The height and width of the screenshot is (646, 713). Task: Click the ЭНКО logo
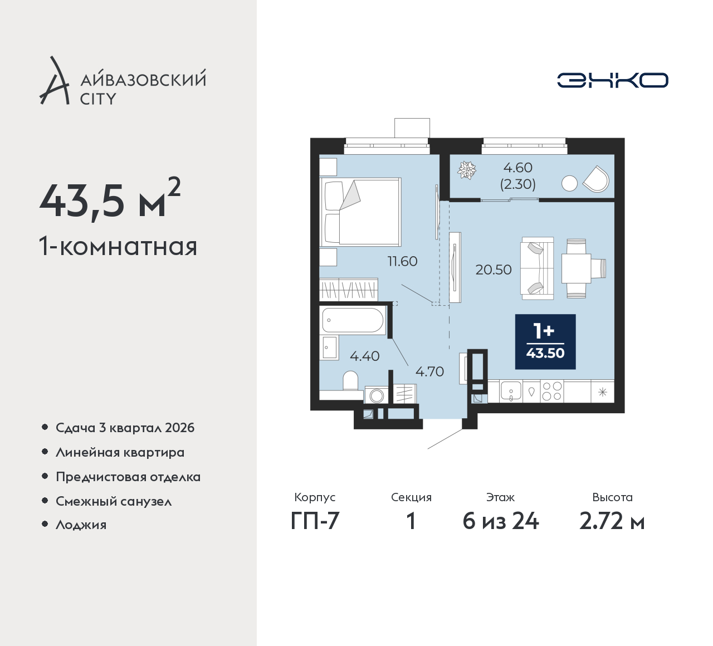tap(612, 80)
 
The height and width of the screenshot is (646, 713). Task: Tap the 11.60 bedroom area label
tap(402, 262)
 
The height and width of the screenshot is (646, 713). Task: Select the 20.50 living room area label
tap(494, 270)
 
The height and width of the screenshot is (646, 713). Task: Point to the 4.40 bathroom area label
tap(365, 356)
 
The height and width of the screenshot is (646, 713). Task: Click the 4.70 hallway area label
tap(429, 371)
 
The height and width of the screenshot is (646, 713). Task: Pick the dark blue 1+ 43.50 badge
tap(545, 341)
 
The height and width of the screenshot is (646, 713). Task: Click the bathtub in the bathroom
tap(353, 320)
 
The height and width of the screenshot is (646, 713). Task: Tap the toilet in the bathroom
tap(350, 381)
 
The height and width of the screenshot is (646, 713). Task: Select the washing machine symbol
tap(376, 395)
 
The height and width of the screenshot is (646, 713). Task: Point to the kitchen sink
tap(511, 391)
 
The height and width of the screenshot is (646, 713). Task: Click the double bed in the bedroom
tap(360, 212)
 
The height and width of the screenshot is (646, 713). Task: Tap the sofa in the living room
tap(537, 268)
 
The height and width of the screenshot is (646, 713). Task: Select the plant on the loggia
tap(466, 170)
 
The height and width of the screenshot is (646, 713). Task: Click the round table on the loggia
tap(569, 184)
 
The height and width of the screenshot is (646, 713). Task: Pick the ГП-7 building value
tap(315, 522)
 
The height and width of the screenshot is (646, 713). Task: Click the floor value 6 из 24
tap(501, 522)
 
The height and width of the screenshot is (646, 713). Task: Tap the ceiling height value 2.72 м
tap(612, 522)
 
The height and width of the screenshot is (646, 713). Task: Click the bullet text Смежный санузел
tap(114, 501)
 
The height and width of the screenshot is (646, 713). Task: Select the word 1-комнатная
tap(118, 247)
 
